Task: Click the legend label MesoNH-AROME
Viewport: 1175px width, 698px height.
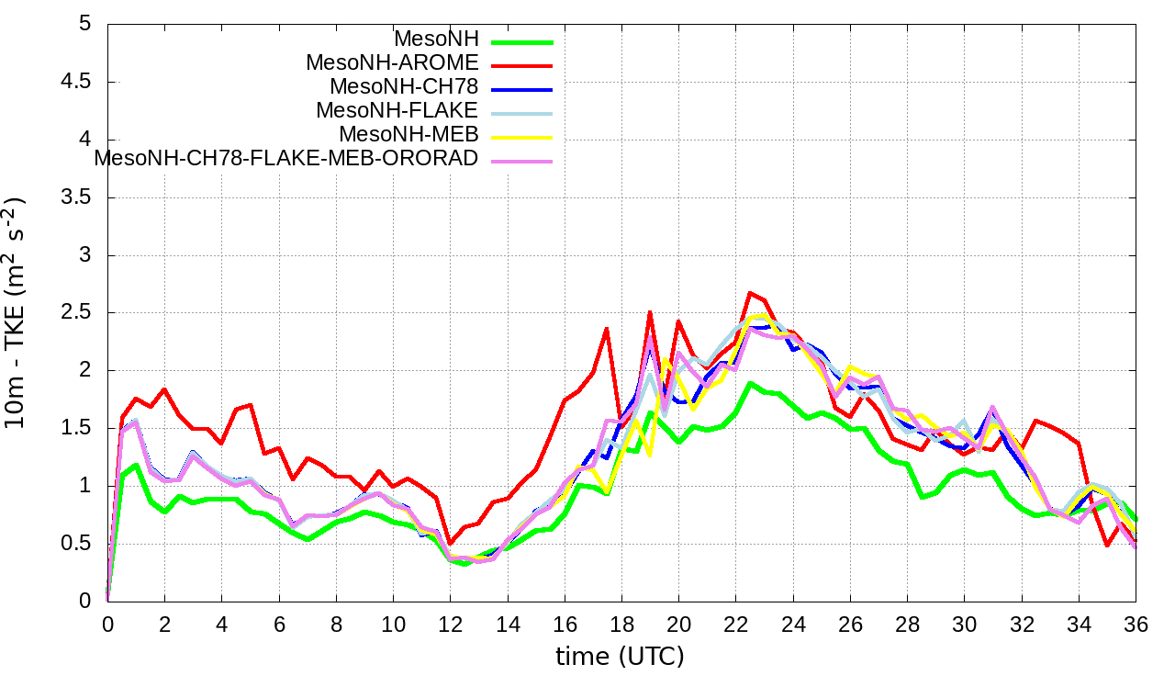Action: (x=392, y=62)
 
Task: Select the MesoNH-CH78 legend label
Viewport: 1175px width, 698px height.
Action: (x=404, y=86)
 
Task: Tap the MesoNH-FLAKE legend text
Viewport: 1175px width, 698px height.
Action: (x=397, y=110)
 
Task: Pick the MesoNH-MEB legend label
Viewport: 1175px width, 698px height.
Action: (x=408, y=134)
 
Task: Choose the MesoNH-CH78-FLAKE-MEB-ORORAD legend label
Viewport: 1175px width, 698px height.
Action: (x=286, y=158)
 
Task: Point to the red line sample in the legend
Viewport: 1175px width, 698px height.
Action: (x=522, y=66)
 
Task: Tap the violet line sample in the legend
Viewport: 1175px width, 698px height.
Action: (x=522, y=162)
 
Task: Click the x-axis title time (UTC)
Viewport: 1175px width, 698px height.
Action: (x=621, y=657)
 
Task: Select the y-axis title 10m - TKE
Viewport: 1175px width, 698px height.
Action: (x=18, y=312)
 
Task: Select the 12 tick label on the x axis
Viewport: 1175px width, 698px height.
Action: (x=450, y=622)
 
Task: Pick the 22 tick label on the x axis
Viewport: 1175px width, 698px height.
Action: (x=735, y=622)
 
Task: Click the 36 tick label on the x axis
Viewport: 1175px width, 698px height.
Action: (x=1136, y=622)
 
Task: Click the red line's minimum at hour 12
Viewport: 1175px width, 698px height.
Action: (x=450, y=543)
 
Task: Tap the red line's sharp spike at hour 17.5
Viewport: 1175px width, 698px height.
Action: (x=607, y=328)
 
